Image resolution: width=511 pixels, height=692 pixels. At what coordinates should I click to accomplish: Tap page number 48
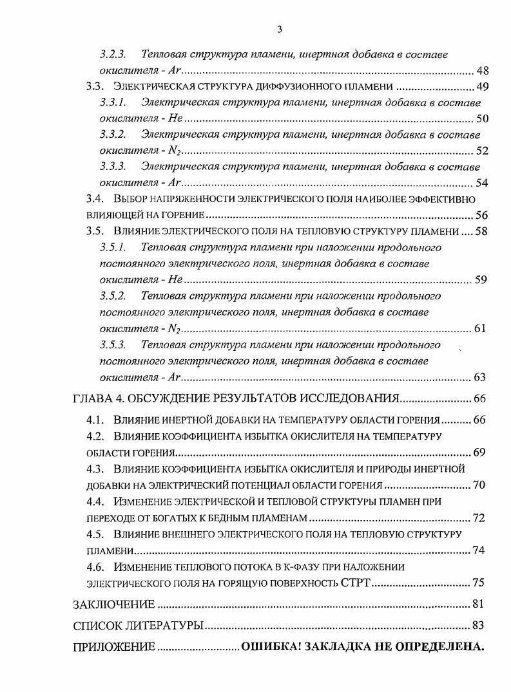pyautogui.click(x=481, y=71)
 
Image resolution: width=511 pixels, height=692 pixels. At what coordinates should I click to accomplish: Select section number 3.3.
pyautogui.click(x=96, y=87)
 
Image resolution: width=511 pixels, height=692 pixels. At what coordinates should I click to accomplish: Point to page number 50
pyautogui.click(x=481, y=119)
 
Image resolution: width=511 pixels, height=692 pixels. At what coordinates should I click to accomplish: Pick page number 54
pyautogui.click(x=481, y=183)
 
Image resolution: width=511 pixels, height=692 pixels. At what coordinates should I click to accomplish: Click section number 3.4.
pyautogui.click(x=96, y=199)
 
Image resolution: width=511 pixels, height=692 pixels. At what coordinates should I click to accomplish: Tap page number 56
pyautogui.click(x=481, y=215)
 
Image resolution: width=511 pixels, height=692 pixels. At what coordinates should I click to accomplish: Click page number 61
pyautogui.click(x=479, y=328)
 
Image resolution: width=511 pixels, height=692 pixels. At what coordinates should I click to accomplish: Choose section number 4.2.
pyautogui.click(x=96, y=436)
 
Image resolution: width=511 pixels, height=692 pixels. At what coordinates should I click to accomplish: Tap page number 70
pyautogui.click(x=479, y=485)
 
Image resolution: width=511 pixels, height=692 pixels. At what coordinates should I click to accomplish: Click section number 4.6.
pyautogui.click(x=96, y=567)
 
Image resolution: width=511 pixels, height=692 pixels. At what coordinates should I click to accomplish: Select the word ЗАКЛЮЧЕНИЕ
pyautogui.click(x=114, y=604)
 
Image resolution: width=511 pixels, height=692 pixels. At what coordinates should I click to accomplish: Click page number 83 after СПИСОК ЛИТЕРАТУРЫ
pyautogui.click(x=477, y=625)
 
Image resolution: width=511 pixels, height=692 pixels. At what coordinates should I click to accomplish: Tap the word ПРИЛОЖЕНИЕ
pyautogui.click(x=113, y=646)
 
